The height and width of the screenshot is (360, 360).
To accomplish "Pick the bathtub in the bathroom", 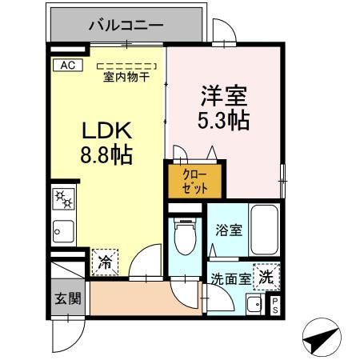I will [x=263, y=232].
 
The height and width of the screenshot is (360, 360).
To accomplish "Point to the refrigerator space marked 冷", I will [x=105, y=261].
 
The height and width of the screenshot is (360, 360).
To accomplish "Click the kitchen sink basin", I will [x=62, y=233].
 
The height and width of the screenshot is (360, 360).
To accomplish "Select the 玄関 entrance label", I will [x=67, y=299].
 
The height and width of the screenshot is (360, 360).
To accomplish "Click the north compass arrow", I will [x=322, y=338].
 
